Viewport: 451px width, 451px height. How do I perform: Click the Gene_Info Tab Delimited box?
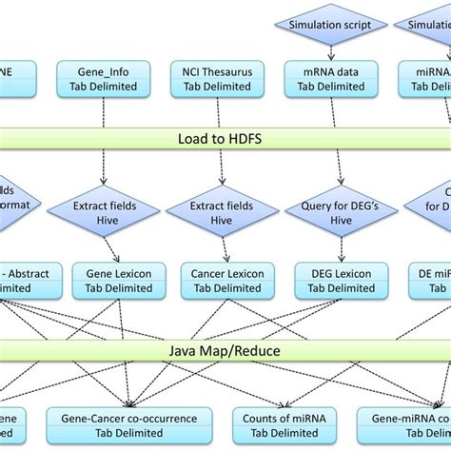tap(103, 78)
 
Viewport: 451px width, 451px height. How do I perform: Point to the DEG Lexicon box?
tap(334, 280)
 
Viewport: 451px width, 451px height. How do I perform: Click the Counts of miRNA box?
tap(278, 425)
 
